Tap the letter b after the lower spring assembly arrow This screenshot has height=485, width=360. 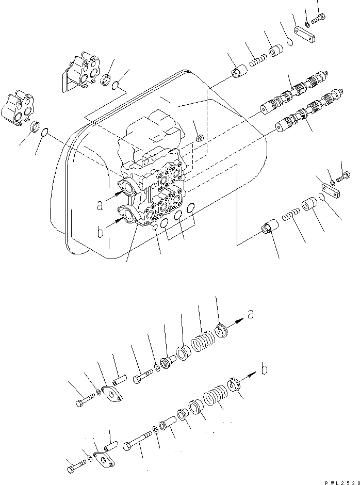(x=265, y=369)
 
